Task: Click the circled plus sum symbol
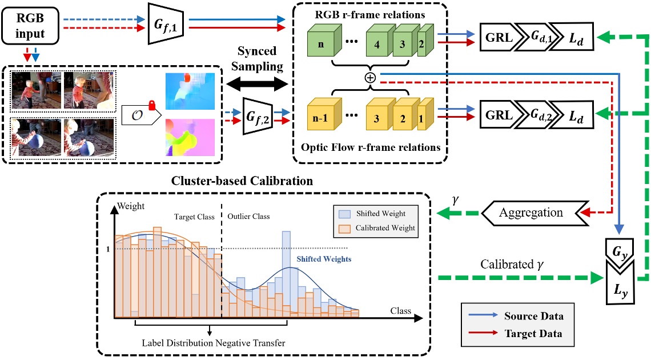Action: point(371,78)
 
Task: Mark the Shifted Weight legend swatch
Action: point(345,214)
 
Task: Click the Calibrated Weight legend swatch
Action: point(345,228)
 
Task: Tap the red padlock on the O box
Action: point(152,105)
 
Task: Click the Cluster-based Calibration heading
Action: point(242,181)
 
